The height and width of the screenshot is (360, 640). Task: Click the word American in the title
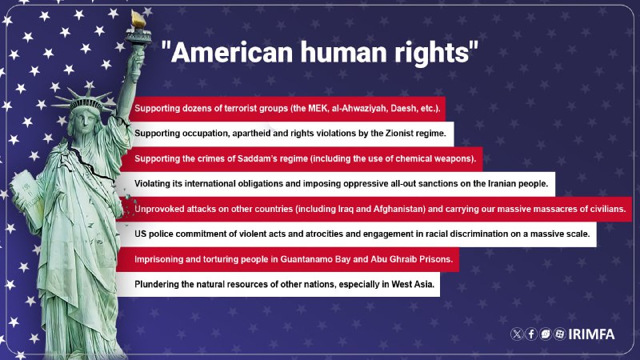[x=232, y=52]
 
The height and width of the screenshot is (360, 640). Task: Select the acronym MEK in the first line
[x=318, y=109]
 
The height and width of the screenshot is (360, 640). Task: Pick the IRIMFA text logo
[x=591, y=334]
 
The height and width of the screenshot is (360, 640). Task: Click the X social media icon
[x=517, y=334]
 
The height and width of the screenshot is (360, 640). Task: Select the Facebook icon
[x=531, y=334]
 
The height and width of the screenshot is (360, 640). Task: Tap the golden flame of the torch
[x=138, y=19]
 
